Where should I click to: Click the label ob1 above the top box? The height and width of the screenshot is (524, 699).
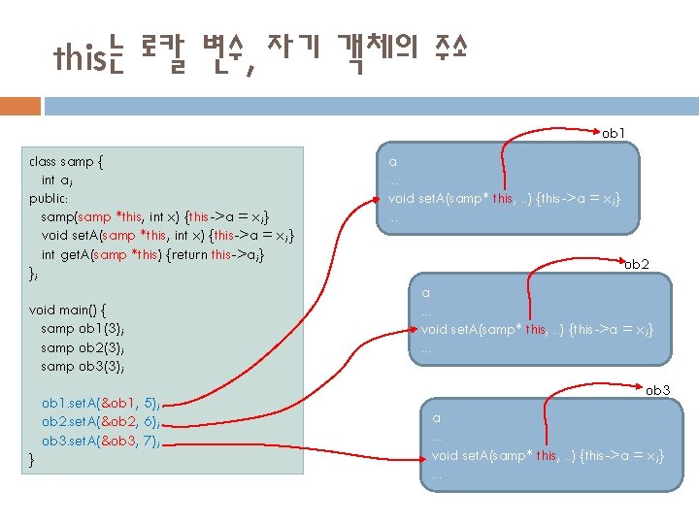click(614, 131)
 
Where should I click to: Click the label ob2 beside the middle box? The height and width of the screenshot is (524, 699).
click(637, 263)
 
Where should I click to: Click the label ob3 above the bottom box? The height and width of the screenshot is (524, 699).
click(658, 390)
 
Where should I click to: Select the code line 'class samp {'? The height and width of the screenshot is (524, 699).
click(67, 161)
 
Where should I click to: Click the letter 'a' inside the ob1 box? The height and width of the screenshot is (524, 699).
click(392, 162)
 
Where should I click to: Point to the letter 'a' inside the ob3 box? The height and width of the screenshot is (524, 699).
click(436, 418)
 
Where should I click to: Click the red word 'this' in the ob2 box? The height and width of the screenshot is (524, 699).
click(535, 330)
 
